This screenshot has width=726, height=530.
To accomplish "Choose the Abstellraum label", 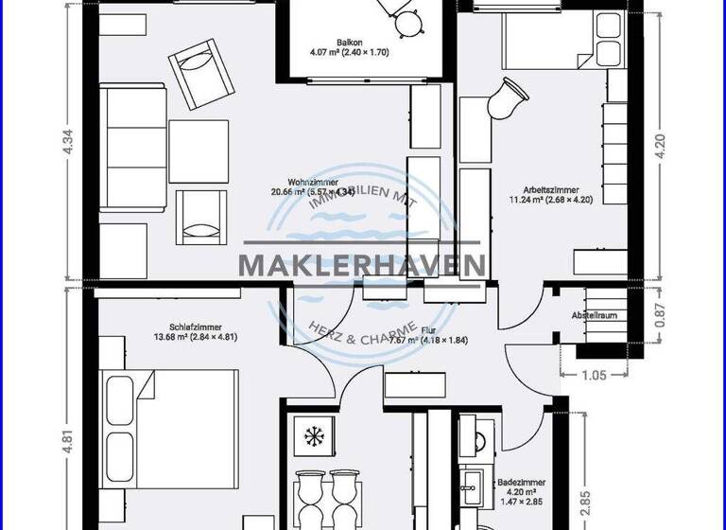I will click(594, 314).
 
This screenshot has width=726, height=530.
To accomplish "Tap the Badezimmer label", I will click(519, 482).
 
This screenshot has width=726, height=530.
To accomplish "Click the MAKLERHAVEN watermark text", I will click(363, 265).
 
